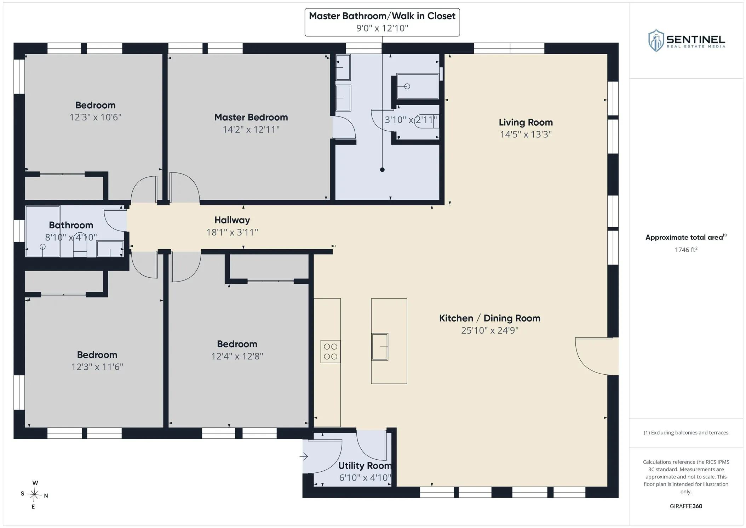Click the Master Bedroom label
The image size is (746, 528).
(x=251, y=117)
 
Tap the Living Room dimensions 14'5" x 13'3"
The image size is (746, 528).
(x=526, y=135)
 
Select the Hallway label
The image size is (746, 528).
(x=232, y=220)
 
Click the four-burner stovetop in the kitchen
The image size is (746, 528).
(x=331, y=351)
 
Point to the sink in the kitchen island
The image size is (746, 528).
(x=380, y=347)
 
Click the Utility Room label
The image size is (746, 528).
(x=365, y=466)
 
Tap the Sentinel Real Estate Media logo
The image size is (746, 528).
(x=687, y=41)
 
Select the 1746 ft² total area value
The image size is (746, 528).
(x=686, y=250)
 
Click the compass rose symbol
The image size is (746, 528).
(x=34, y=494)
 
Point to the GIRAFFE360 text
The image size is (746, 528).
(x=686, y=506)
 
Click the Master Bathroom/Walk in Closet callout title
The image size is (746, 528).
(x=382, y=16)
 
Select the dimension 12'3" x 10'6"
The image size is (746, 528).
(x=96, y=117)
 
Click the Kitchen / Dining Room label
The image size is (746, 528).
(x=490, y=318)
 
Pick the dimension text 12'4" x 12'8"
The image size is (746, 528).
(x=237, y=356)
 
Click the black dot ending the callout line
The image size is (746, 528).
(x=382, y=170)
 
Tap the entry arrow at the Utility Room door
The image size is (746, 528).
(x=304, y=456)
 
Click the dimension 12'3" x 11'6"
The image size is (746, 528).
(x=97, y=367)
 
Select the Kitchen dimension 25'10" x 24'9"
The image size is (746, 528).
(x=490, y=330)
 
